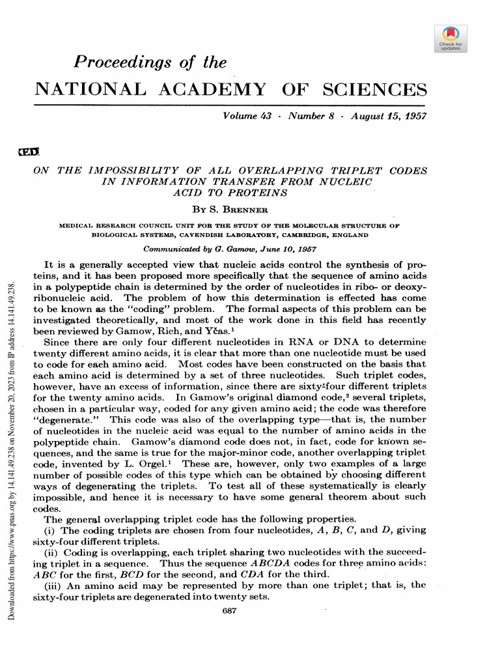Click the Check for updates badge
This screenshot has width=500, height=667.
(x=450, y=38)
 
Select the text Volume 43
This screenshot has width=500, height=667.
(x=247, y=116)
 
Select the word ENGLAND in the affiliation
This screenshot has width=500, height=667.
(x=345, y=235)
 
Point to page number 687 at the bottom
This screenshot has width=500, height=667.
(x=229, y=610)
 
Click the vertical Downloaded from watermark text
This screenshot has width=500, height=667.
(x=14, y=456)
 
